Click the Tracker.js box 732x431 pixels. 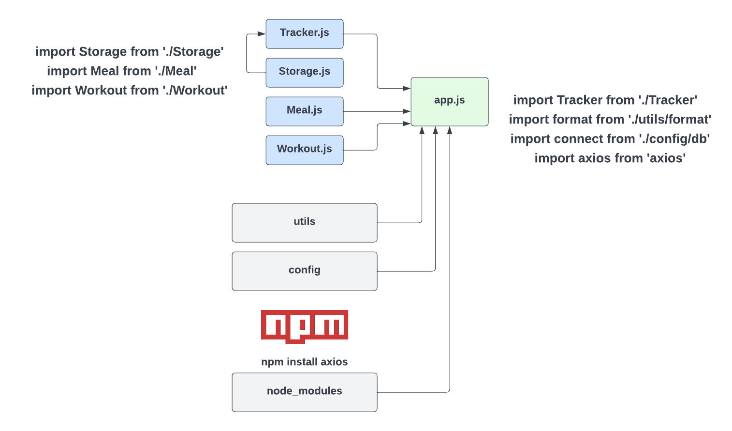304,33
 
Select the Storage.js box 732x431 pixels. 304,72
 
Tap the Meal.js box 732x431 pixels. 304,111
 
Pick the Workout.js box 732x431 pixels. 304,150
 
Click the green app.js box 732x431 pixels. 449,101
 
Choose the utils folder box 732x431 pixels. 304,222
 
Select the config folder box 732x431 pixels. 304,271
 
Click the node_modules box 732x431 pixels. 304,392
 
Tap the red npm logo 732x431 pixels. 304,326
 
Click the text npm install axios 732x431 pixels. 304,362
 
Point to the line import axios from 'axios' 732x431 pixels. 610,158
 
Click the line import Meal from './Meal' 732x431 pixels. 122,71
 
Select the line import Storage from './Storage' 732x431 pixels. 130,52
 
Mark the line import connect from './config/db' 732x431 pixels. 610,139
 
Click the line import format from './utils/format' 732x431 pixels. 610,120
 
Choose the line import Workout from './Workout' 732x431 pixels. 130,91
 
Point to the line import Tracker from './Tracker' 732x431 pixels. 605,100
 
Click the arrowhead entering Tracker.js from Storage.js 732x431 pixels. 262,34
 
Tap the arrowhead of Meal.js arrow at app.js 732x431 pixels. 407,111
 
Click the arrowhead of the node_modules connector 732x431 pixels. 450,130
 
